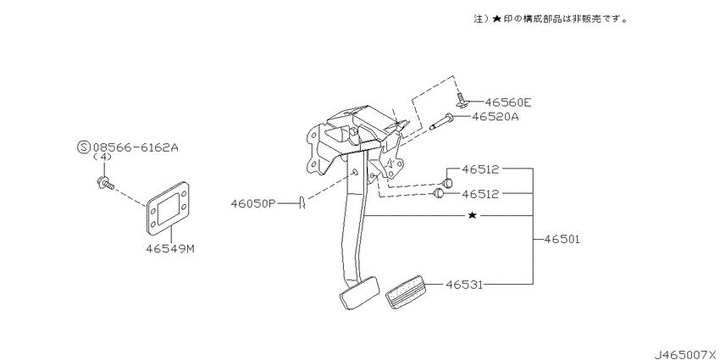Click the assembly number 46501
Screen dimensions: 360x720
point(562,240)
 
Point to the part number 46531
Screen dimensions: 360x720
point(466,285)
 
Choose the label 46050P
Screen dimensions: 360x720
point(253,203)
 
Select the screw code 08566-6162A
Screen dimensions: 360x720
point(136,147)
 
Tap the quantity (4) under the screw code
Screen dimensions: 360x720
point(102,158)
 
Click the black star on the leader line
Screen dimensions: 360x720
point(473,217)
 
